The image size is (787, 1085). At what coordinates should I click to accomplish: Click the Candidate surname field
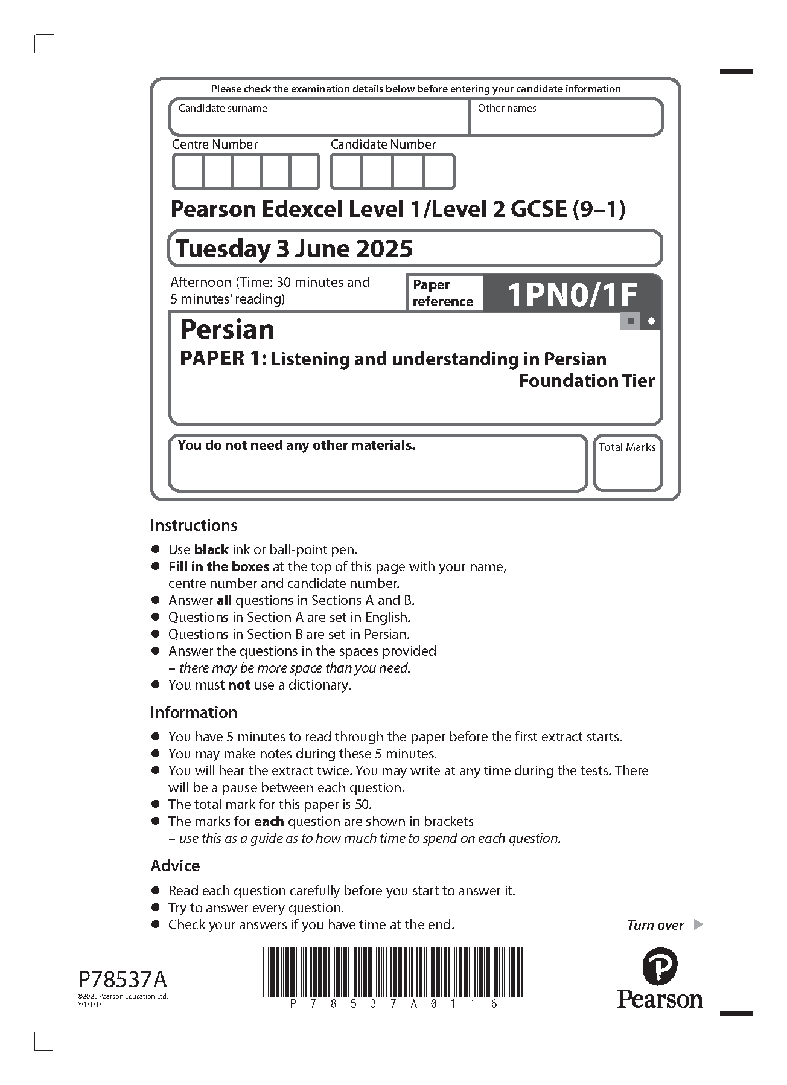[x=319, y=118]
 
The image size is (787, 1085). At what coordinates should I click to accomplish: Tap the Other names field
[x=566, y=118]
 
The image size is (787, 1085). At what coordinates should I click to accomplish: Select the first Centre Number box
[x=188, y=171]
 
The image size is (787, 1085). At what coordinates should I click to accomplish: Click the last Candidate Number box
[x=439, y=171]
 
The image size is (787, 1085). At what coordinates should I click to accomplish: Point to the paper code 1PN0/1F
[x=572, y=295]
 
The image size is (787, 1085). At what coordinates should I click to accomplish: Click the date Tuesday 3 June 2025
[x=295, y=248]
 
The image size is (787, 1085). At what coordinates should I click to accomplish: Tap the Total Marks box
[x=627, y=463]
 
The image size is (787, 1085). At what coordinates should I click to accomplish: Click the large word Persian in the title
[x=228, y=330]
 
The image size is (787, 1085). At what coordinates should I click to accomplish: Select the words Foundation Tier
[x=587, y=381]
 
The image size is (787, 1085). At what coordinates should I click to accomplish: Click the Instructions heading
[x=194, y=525]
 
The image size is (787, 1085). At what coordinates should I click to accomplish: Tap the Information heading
[x=194, y=712]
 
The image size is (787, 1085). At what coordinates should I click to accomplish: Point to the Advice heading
[x=175, y=866]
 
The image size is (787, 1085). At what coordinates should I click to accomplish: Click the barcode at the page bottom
[x=393, y=973]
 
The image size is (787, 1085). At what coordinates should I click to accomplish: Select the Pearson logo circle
[x=660, y=965]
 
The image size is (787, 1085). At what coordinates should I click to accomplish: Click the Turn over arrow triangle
[x=698, y=924]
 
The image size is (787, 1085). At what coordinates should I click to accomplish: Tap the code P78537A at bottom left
[x=123, y=978]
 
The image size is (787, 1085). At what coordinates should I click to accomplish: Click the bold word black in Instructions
[x=211, y=549]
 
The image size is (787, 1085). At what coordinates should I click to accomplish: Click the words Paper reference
[x=442, y=293]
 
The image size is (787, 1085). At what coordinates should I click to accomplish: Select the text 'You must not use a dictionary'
[x=260, y=685]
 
